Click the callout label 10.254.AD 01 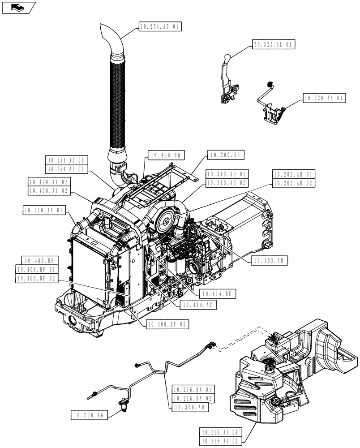click(x=160, y=27)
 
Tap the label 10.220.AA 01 click(x=324, y=98)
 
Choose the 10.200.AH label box click(x=224, y=155)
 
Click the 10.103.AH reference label click(x=270, y=260)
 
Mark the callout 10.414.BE click(x=218, y=294)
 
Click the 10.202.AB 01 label click(x=293, y=174)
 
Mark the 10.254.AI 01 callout click(x=67, y=160)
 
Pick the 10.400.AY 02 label click(x=48, y=190)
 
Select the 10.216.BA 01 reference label click(x=193, y=389)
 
